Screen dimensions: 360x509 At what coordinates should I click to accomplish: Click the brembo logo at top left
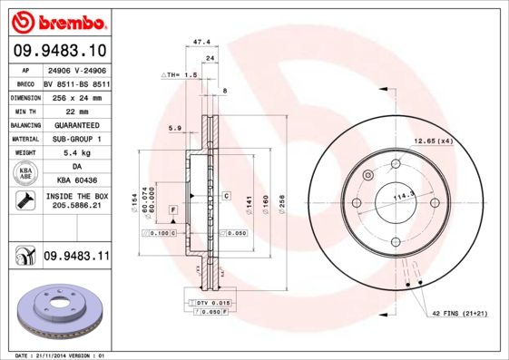tap(57, 18)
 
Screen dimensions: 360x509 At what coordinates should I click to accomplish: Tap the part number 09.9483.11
tap(76, 258)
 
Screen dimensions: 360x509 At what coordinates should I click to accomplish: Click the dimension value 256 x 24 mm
tap(76, 95)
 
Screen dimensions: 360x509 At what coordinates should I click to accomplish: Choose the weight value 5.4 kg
tap(76, 153)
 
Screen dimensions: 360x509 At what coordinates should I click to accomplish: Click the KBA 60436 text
tap(76, 182)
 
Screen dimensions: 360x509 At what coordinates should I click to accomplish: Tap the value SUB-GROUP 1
tap(76, 139)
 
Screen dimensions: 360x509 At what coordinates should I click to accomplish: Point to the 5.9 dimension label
tap(175, 128)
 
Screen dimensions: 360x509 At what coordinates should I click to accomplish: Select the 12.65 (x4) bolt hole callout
tap(433, 141)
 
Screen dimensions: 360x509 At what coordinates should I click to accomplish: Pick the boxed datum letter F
tap(171, 209)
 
